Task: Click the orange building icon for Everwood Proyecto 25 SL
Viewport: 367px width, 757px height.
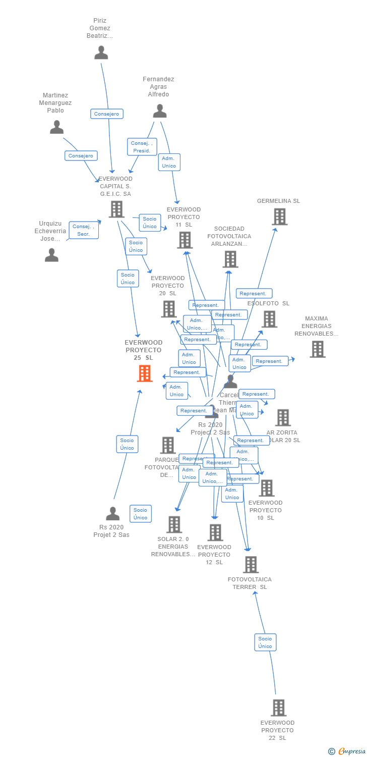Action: pyautogui.click(x=145, y=373)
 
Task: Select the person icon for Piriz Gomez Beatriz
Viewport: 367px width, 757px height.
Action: pyautogui.click(x=101, y=52)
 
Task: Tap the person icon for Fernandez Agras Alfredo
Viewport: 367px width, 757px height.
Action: pyautogui.click(x=160, y=111)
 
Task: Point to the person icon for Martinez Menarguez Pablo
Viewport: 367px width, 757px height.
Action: pyautogui.click(x=57, y=127)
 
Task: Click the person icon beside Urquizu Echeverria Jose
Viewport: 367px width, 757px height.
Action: pyautogui.click(x=52, y=255)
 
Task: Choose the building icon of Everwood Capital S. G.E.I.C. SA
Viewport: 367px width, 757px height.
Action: pyautogui.click(x=116, y=209)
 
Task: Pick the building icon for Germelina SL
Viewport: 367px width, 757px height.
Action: pyautogui.click(x=280, y=217)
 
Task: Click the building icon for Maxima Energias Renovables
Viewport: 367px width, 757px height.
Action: pyautogui.click(x=318, y=349)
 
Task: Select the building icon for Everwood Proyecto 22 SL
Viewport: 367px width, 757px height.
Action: pyautogui.click(x=278, y=708)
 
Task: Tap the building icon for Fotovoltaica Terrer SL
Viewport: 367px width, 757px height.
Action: pyautogui.click(x=251, y=564)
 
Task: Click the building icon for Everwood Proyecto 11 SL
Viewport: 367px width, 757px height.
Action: pyautogui.click(x=185, y=240)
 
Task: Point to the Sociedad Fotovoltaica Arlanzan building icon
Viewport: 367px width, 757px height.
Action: pyautogui.click(x=230, y=259)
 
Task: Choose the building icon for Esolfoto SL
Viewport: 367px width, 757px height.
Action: pyautogui.click(x=269, y=319)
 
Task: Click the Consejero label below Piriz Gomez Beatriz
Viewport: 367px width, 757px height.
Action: pyautogui.click(x=107, y=114)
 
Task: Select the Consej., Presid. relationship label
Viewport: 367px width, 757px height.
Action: pyautogui.click(x=142, y=147)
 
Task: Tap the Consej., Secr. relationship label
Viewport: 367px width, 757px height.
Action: pyautogui.click(x=83, y=230)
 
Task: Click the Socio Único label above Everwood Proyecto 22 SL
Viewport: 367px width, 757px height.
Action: pyautogui.click(x=265, y=642)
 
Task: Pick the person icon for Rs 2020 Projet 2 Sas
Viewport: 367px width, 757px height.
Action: pyautogui.click(x=113, y=514)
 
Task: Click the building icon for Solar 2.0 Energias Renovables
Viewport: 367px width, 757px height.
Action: pyautogui.click(x=174, y=524)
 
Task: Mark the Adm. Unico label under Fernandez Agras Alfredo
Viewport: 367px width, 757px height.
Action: pyautogui.click(x=169, y=162)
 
